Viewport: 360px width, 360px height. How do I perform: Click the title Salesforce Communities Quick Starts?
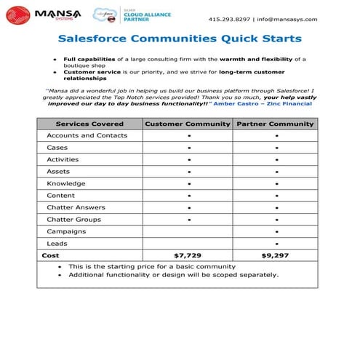[x=180, y=39]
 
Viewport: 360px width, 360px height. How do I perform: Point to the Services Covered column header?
[x=89, y=124]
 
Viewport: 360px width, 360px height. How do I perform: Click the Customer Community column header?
[x=188, y=124]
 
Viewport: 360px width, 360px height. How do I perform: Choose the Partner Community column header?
[x=276, y=124]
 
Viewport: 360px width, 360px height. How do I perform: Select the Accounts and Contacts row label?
[x=87, y=135]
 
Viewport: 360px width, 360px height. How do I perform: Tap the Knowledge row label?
[x=66, y=183]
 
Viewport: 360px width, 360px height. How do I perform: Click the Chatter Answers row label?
[x=76, y=207]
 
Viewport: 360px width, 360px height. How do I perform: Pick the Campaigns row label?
[x=66, y=231]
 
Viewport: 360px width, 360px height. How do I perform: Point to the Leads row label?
[x=57, y=243]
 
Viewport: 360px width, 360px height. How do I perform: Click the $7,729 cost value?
[x=188, y=255]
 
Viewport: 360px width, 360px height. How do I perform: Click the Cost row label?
[x=51, y=255]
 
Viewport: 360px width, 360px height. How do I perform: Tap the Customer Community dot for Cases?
[x=188, y=148]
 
